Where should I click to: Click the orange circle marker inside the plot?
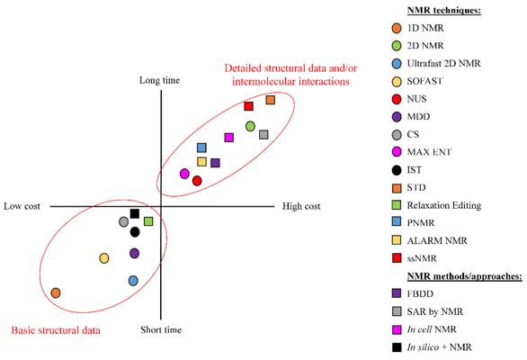pos(56,292)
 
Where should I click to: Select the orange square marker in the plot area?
pos(270,100)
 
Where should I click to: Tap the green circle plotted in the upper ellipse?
pos(250,126)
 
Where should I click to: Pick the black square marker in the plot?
pos(134,213)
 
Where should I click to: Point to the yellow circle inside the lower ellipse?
pos(104,258)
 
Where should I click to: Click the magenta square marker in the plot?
pos(229,138)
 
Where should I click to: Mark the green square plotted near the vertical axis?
pos(148,221)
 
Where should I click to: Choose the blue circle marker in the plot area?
pos(133,281)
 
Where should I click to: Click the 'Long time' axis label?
pos(160,80)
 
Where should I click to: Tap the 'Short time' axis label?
pos(161,329)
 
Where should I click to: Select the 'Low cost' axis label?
pos(22,206)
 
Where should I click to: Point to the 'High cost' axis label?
pos(301,206)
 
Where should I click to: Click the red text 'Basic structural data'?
pos(56,330)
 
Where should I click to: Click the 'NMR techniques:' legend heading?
pos(444,10)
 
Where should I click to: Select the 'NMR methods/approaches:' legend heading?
pos(465,276)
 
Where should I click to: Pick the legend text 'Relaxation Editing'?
pos(444,205)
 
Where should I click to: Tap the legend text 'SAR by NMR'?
pos(435,311)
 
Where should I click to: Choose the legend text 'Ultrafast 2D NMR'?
pos(443,63)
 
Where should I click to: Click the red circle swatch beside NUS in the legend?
pos(397,99)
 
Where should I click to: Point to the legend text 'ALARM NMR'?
pos(437,240)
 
